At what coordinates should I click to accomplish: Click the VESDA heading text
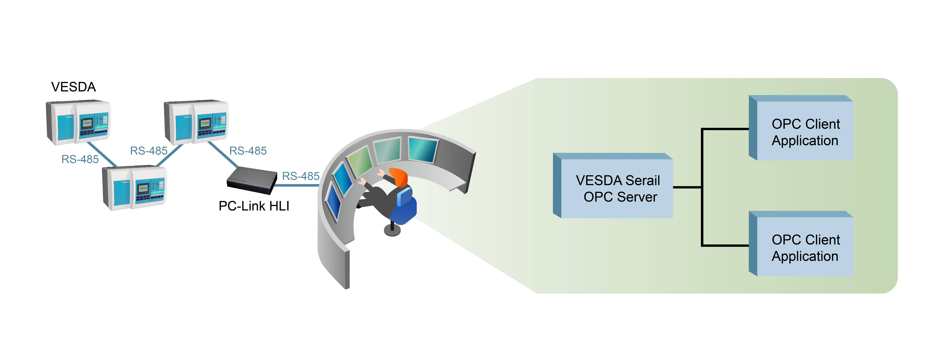pyautogui.click(x=74, y=87)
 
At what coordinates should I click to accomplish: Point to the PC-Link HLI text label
pyautogui.click(x=254, y=206)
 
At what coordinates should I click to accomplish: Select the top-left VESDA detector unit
pyautogui.click(x=78, y=123)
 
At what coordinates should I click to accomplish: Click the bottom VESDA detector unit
pyautogui.click(x=135, y=188)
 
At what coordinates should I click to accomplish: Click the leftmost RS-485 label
pyautogui.click(x=80, y=159)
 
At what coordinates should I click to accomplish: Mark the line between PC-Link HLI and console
pyautogui.click(x=297, y=185)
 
